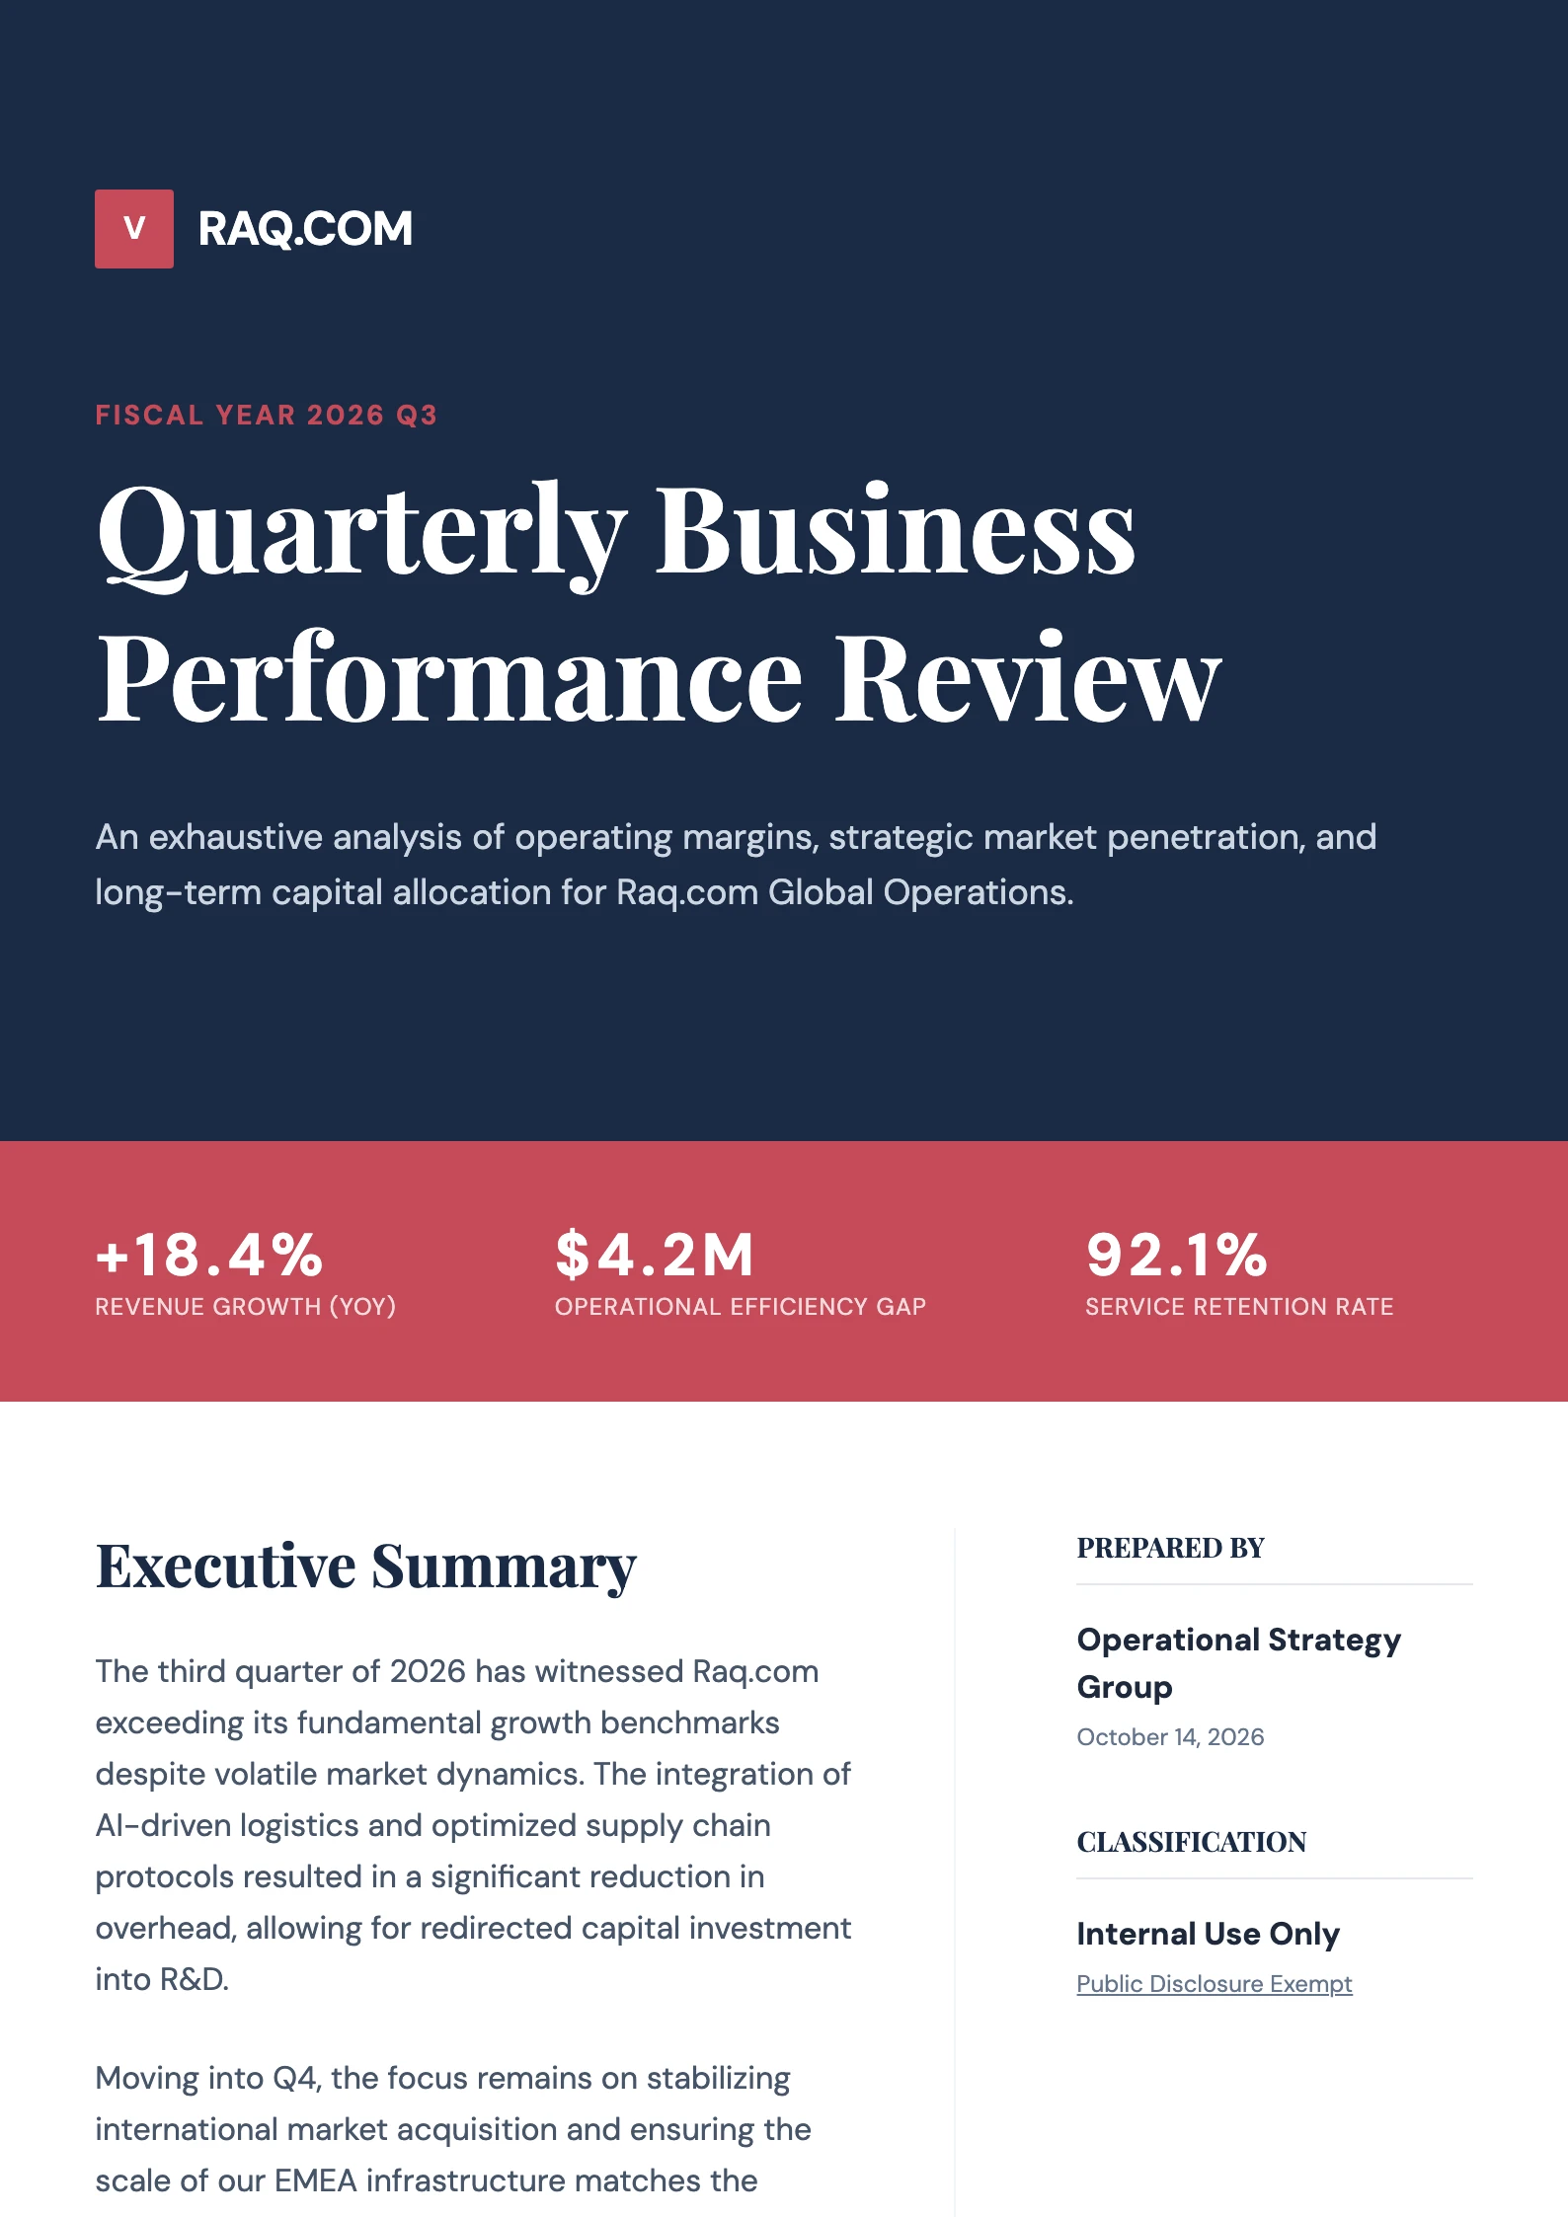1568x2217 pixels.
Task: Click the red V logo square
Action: (134, 229)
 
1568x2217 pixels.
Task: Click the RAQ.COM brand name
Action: (305, 229)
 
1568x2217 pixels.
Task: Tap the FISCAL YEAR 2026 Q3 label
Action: (266, 415)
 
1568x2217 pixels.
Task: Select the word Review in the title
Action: (1028, 679)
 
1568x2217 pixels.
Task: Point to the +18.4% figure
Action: (209, 1255)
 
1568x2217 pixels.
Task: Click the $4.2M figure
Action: (655, 1255)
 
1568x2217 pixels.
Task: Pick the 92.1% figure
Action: (1176, 1255)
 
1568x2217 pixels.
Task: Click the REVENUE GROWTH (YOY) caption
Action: (245, 1307)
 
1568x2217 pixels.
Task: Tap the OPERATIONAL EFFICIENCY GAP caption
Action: (741, 1307)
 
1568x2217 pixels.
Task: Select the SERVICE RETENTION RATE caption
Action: (1239, 1307)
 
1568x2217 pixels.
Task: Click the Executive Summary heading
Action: (366, 1567)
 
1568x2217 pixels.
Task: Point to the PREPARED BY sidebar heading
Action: (1170, 1548)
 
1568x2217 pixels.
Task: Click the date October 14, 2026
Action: (1170, 1737)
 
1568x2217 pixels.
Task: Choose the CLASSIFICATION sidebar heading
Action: (1191, 1842)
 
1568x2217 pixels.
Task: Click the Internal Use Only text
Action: (1208, 1934)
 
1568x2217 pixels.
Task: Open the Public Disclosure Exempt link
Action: (1214, 1984)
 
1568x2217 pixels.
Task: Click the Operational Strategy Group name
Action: (1238, 1663)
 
